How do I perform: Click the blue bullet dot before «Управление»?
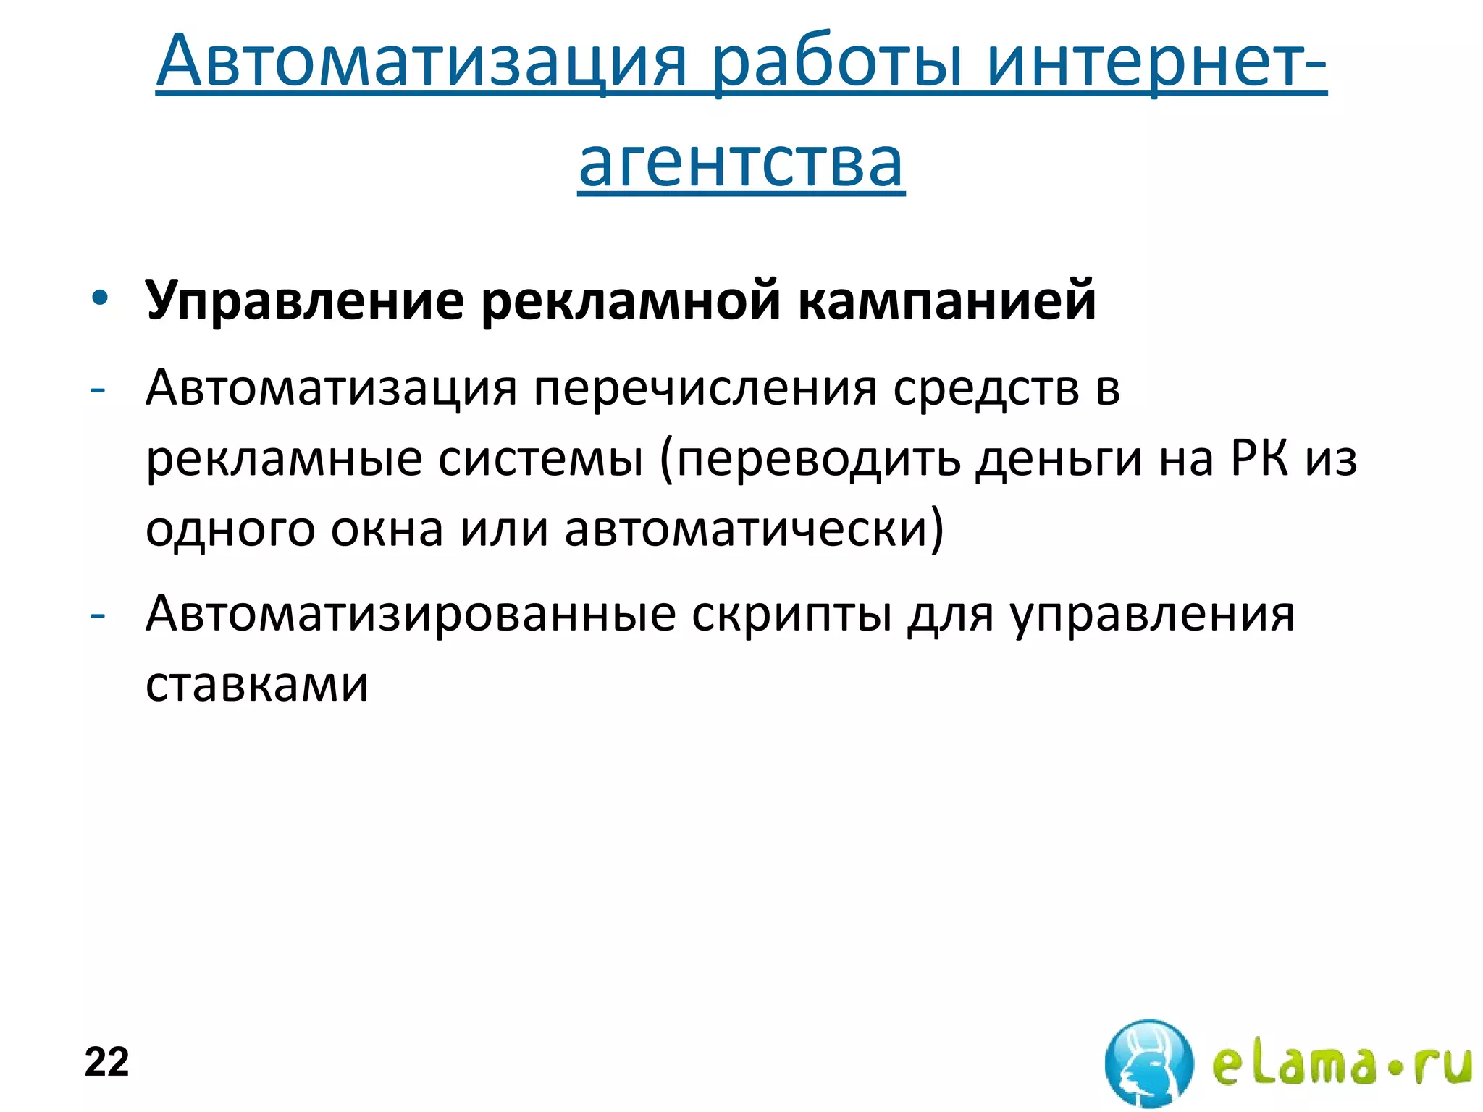coord(100,298)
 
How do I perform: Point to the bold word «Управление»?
coord(304,300)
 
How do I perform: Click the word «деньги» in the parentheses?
coord(1058,460)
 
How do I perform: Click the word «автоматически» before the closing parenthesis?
coord(746,529)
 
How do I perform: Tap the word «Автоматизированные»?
coord(410,615)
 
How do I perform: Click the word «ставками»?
coord(257,684)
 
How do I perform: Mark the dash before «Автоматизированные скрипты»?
coord(97,616)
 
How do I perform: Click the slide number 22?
coord(106,1062)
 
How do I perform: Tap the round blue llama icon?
coord(1148,1063)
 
